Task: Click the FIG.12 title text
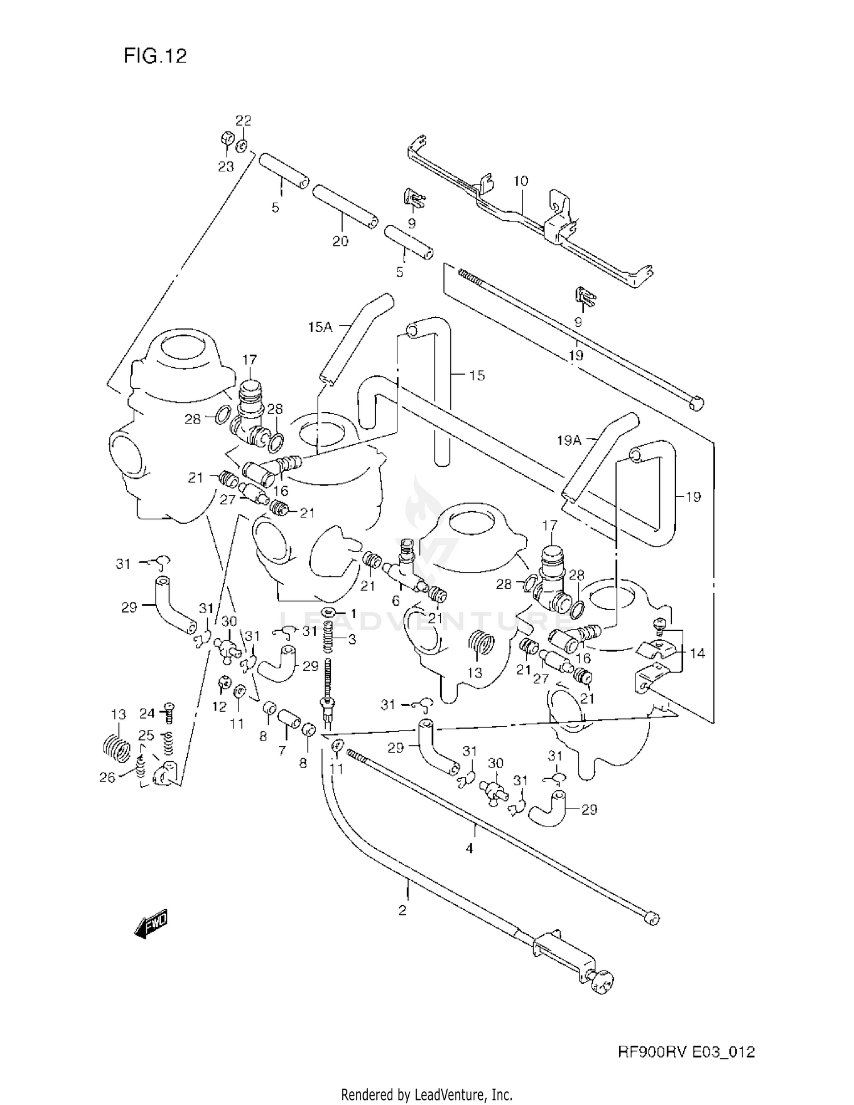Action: pos(155,56)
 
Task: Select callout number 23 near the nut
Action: pos(226,167)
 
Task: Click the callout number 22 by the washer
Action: pos(244,121)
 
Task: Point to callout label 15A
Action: pos(320,327)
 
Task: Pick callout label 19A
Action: pos(568,439)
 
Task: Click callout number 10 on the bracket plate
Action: pos(520,181)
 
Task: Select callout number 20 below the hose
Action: pos(340,241)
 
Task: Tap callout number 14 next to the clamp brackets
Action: pos(697,653)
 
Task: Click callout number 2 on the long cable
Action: pos(403,910)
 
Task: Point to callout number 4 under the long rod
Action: pos(469,849)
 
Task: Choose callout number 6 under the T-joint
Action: pos(396,601)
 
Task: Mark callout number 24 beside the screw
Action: pos(147,713)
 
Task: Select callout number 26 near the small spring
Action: pos(108,777)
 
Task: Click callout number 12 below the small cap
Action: pos(219,706)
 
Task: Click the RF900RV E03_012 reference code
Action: pos(686,1052)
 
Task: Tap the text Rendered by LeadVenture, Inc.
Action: pos(426,1094)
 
